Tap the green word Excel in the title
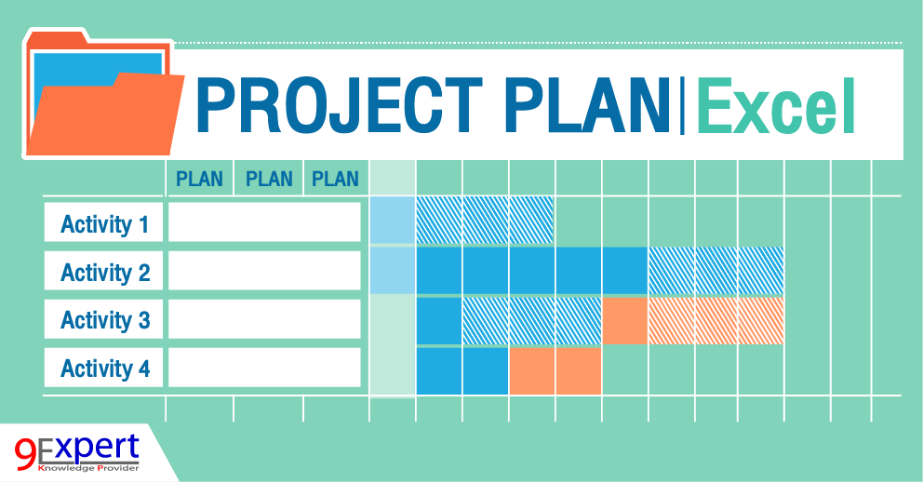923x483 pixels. click(x=775, y=104)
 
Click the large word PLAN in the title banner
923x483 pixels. click(x=582, y=104)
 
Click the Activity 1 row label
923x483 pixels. click(x=104, y=224)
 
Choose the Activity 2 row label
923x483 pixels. click(x=104, y=273)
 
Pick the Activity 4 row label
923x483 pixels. click(x=104, y=369)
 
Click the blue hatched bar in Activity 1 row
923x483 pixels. click(x=485, y=220)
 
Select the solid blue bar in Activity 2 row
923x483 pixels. click(x=531, y=270)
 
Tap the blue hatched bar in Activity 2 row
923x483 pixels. click(x=716, y=270)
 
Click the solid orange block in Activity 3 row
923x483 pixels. click(x=625, y=320)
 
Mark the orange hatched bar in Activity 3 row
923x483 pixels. click(x=716, y=320)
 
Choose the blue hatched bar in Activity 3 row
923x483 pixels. click(x=531, y=320)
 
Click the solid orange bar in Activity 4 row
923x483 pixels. click(x=555, y=370)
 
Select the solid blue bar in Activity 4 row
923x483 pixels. click(x=462, y=370)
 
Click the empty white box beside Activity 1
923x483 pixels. click(x=264, y=223)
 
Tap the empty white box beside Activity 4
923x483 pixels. click(x=264, y=368)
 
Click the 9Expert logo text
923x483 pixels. click(x=78, y=449)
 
